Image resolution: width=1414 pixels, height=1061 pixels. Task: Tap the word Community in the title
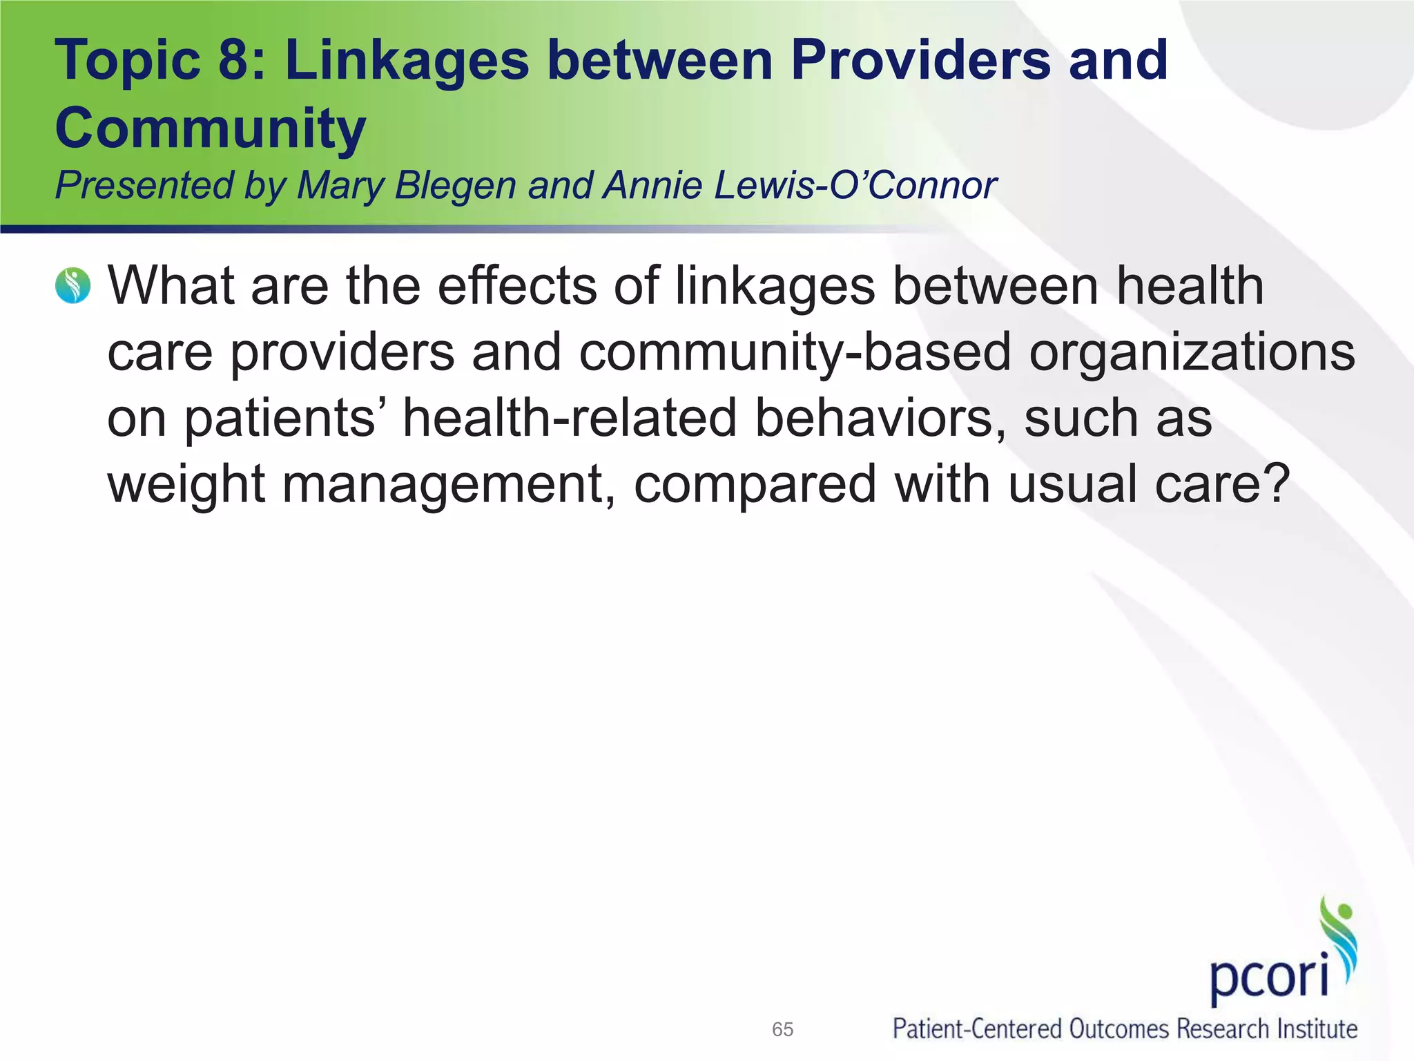pyautogui.click(x=210, y=128)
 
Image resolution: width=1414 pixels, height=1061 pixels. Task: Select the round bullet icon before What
pyautogui.click(x=72, y=286)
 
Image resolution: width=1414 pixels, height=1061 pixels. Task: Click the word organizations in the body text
pyautogui.click(x=1192, y=352)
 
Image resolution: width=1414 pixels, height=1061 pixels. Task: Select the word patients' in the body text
pyautogui.click(x=279, y=419)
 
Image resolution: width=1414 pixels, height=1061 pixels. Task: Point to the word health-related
pyautogui.click(x=570, y=418)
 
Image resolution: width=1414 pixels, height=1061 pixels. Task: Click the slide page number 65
pyautogui.click(x=782, y=1029)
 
